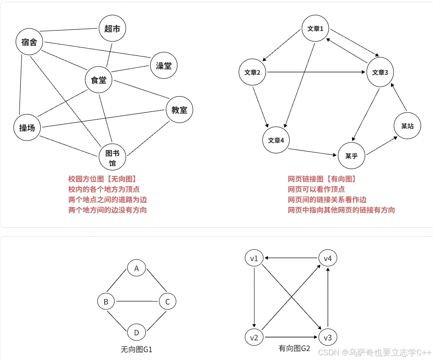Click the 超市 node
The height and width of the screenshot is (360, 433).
(112, 29)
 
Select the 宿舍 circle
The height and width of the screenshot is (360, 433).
(29, 42)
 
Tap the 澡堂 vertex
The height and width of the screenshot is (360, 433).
(164, 66)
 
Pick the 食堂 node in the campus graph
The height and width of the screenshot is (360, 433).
(98, 80)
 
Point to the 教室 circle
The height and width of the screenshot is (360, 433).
(179, 110)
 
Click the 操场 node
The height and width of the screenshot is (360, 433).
(27, 127)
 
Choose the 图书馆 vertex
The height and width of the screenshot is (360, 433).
(112, 157)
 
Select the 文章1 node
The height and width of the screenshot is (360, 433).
(315, 29)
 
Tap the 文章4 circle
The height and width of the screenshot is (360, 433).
(276, 140)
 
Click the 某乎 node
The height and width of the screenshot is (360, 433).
(352, 156)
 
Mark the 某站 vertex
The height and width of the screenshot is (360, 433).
(407, 126)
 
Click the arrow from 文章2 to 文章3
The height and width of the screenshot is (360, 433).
(316, 72)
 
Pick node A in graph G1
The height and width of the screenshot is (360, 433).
(137, 268)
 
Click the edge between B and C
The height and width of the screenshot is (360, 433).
(137, 301)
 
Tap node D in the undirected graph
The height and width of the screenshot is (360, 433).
(137, 332)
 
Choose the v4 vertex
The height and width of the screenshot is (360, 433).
(327, 258)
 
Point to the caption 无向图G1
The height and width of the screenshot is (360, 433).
(137, 349)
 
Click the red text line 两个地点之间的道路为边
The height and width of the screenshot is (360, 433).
(108, 199)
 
